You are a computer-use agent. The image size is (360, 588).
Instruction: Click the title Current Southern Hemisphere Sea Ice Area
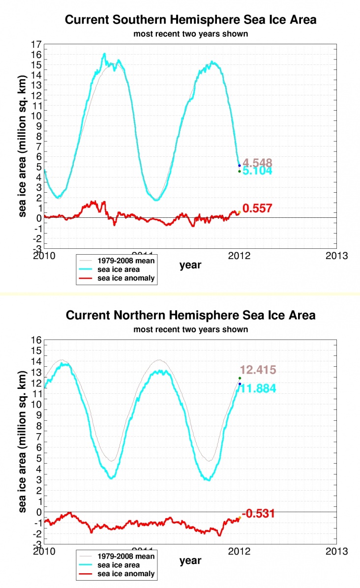point(191,20)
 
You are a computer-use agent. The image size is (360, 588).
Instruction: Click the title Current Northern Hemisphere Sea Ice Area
point(191,315)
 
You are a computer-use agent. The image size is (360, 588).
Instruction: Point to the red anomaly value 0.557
point(258,208)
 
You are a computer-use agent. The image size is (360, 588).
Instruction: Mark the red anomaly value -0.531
point(258,514)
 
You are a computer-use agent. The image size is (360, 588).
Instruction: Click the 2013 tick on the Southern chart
point(337,256)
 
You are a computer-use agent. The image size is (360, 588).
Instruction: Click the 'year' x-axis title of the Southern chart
point(190,265)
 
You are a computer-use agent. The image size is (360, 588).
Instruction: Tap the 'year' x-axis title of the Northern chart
point(190,560)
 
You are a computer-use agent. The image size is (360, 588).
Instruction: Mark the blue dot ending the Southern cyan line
point(240,166)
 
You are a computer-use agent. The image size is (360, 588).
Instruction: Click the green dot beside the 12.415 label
point(240,378)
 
